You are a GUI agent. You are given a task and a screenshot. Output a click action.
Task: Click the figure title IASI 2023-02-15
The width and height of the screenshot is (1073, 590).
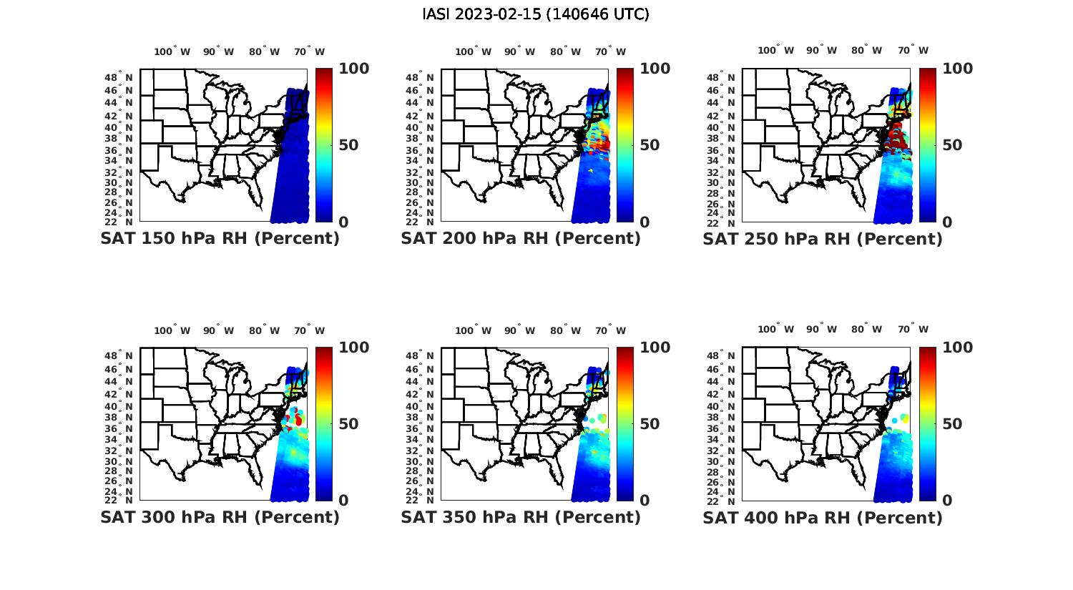click(536, 14)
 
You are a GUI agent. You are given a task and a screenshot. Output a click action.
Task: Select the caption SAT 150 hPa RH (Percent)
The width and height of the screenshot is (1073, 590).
click(220, 239)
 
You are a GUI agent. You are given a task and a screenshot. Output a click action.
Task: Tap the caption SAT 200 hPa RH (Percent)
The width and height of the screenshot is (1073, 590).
click(521, 239)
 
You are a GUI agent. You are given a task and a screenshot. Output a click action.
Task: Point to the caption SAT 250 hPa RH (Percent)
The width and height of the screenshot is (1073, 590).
click(823, 239)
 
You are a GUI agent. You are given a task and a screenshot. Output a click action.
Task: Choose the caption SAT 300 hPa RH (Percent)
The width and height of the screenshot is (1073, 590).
click(220, 517)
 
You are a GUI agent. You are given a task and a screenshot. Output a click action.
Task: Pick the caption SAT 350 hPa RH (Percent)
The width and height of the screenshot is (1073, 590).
click(521, 517)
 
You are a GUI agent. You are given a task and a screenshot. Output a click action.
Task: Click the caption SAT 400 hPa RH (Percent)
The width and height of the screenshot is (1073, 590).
click(823, 517)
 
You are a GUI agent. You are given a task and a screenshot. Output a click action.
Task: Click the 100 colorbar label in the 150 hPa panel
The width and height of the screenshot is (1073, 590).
click(353, 69)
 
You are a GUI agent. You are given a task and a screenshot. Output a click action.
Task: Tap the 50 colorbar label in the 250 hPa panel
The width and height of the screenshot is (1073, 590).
click(951, 145)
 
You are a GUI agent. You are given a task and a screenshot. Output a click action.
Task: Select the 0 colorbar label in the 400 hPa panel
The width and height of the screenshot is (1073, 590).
click(947, 501)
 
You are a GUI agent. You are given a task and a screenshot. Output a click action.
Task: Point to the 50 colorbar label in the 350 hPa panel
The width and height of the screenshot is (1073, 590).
click(650, 424)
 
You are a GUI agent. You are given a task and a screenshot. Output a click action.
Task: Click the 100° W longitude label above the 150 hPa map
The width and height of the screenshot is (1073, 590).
click(172, 51)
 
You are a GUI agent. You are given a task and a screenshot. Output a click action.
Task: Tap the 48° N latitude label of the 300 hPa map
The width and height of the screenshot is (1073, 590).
click(124, 355)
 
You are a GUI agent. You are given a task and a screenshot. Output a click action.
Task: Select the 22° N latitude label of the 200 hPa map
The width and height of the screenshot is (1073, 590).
click(425, 222)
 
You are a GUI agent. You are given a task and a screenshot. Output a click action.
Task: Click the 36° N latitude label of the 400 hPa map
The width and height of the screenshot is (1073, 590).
click(726, 429)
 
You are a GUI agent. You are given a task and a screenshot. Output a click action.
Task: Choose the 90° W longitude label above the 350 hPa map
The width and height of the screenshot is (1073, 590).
click(519, 330)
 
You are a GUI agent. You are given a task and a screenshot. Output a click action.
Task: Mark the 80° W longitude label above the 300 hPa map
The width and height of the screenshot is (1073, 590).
click(264, 330)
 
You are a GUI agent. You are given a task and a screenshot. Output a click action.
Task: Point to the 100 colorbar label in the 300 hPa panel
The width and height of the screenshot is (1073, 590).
click(353, 348)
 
